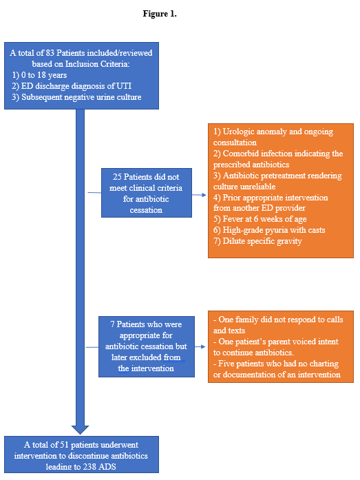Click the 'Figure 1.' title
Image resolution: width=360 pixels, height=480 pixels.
160,14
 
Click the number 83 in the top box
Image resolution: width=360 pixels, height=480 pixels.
50,52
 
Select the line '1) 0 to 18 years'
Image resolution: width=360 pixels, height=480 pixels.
39,75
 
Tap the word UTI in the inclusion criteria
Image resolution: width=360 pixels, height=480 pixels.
124,86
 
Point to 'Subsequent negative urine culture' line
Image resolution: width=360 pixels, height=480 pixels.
81,97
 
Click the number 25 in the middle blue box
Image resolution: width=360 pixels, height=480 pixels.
117,176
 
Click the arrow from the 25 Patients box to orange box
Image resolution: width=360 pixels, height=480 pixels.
199,195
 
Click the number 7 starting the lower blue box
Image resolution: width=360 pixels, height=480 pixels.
113,324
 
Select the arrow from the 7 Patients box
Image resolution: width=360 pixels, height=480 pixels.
200,346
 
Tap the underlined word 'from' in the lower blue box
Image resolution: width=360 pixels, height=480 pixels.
172,357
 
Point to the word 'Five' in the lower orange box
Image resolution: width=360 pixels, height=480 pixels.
226,364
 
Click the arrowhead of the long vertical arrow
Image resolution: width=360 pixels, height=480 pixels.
80,430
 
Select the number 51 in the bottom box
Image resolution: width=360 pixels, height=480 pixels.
64,444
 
